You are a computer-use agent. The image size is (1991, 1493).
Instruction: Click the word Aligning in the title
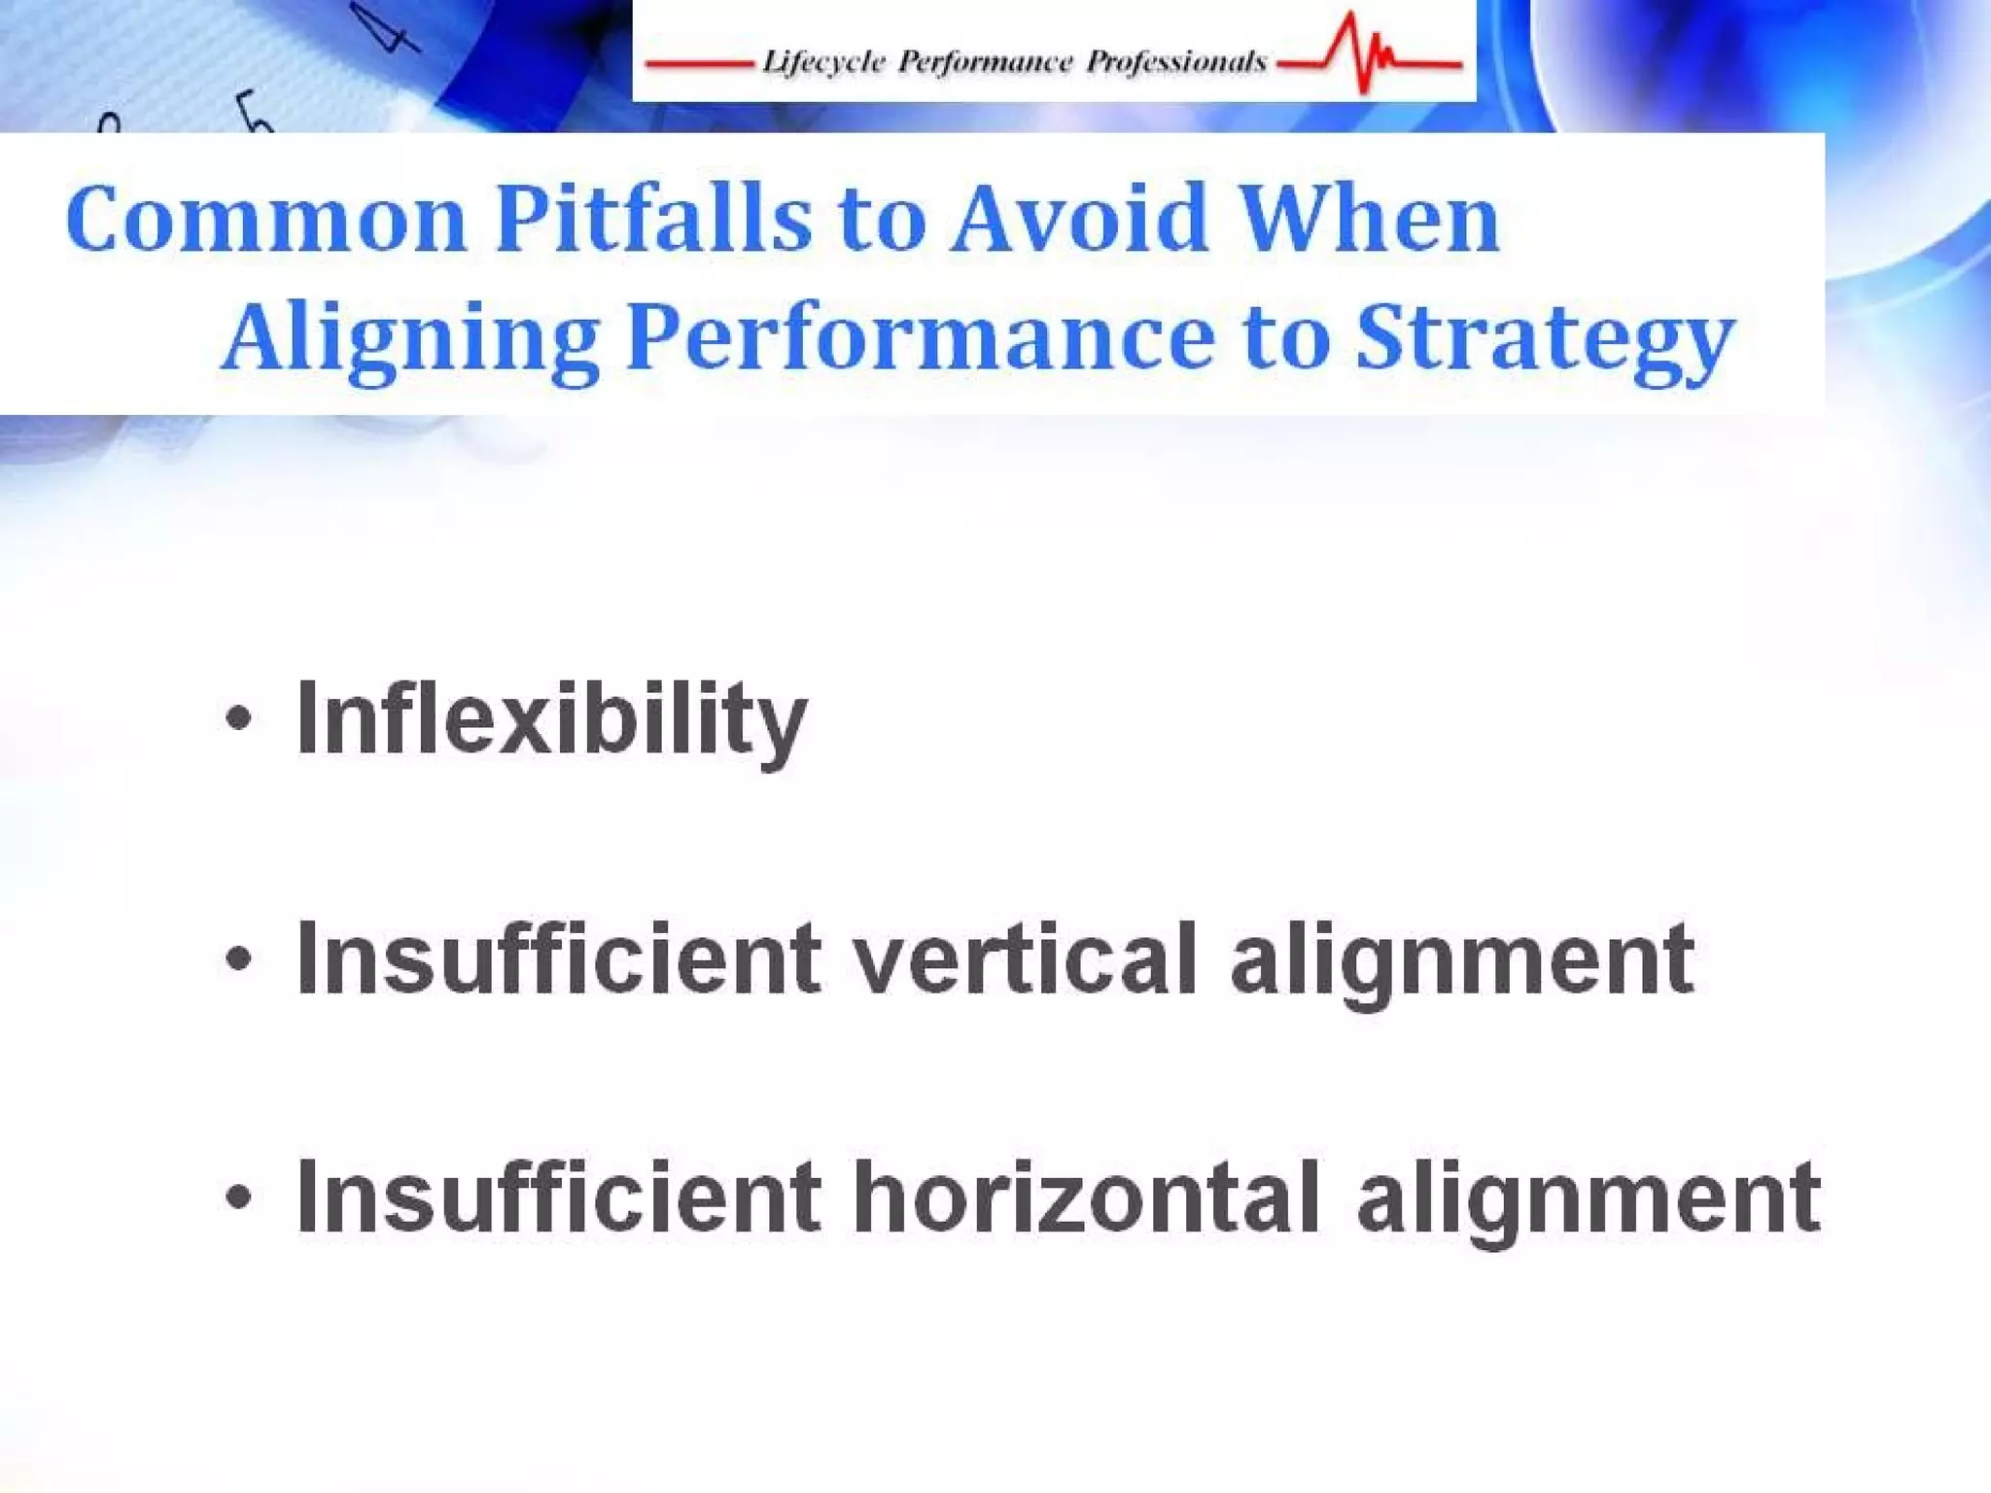coord(410,338)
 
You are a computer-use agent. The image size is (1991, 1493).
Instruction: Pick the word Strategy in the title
coord(1546,338)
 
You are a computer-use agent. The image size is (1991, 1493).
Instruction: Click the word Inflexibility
coord(551,719)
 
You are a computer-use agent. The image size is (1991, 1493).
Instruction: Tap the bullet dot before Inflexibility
coord(238,720)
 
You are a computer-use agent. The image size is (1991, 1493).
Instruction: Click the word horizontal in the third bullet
coord(1087,1198)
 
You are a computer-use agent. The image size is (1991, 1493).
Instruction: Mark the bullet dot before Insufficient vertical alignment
coord(238,960)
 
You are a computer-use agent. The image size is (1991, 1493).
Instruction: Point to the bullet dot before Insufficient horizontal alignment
coord(238,1198)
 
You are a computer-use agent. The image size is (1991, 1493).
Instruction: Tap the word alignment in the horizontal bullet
coord(1589,1199)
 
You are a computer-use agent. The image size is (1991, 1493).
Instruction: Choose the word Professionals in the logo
coord(1176,63)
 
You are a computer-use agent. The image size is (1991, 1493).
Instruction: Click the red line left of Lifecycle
coord(699,65)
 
